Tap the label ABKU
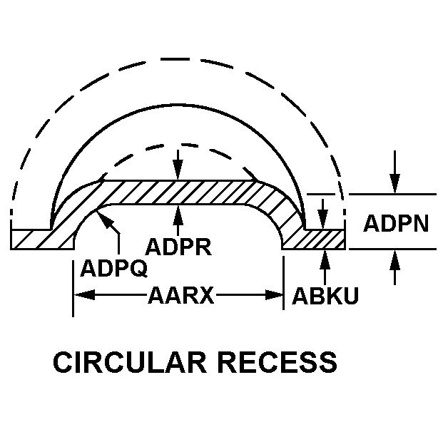pos(325,294)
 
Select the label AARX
pos(181,294)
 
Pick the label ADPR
pos(178,247)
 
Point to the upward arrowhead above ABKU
pos(325,256)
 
